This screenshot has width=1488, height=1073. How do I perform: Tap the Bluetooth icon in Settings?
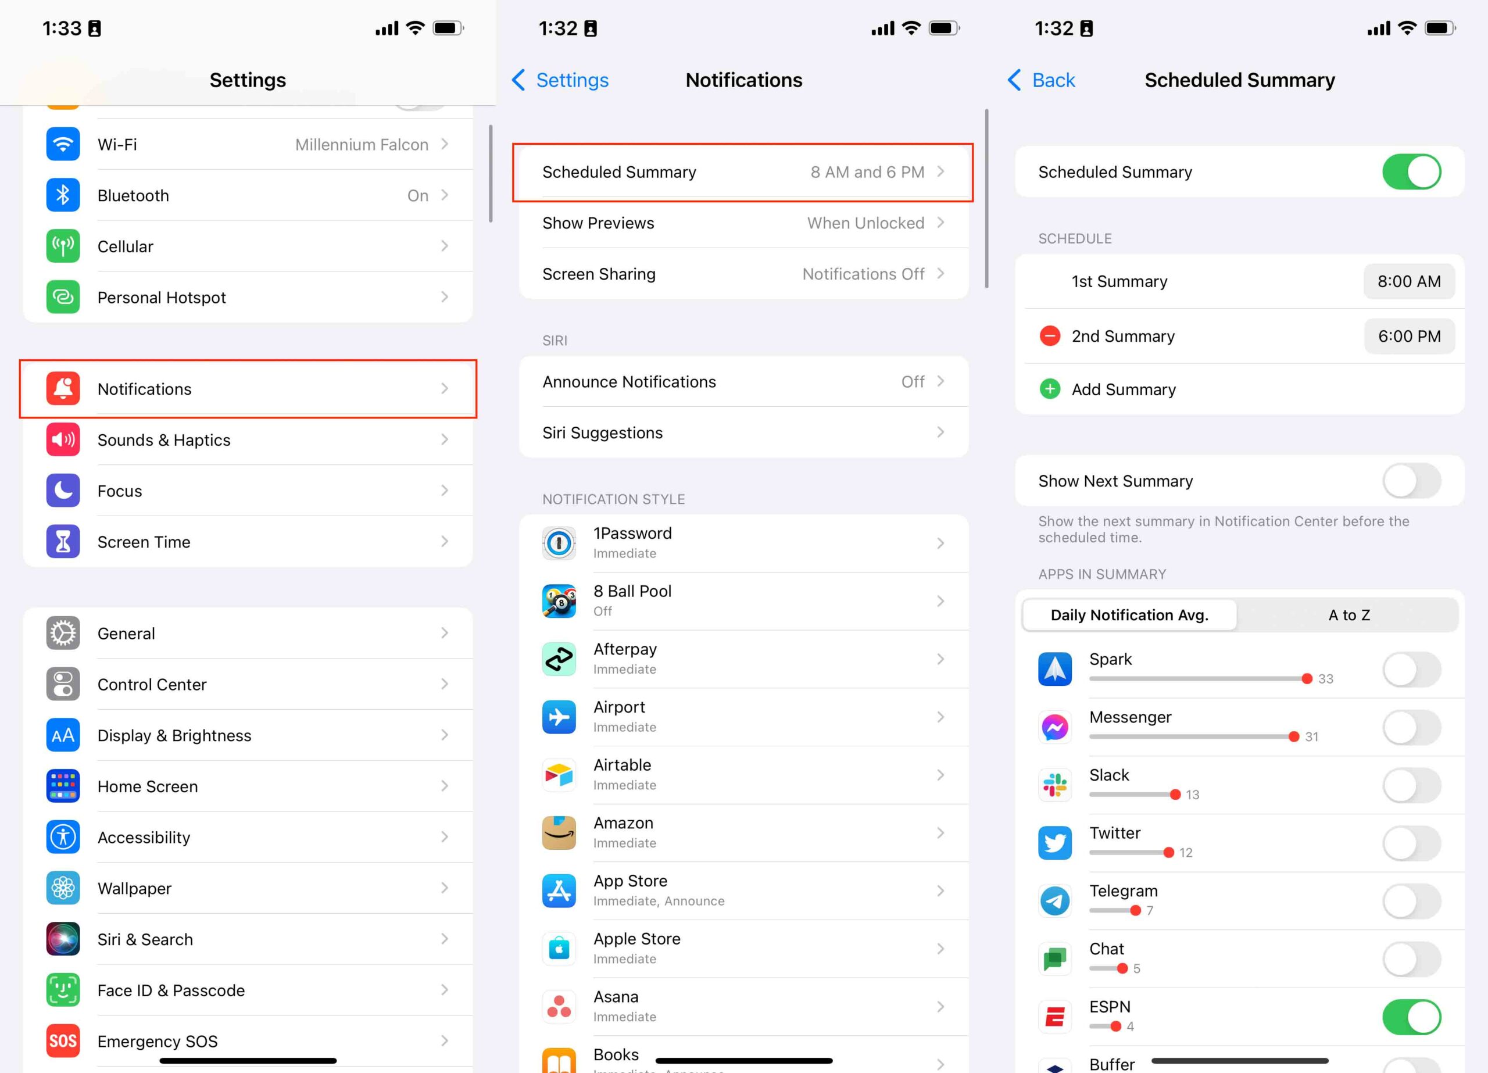point(63,195)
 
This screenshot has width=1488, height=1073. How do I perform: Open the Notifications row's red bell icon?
point(63,388)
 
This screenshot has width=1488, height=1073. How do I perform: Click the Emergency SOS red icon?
point(63,1041)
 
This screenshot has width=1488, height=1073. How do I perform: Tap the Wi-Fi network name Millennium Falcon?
point(362,144)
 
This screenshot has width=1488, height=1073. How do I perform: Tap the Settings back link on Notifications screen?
point(560,80)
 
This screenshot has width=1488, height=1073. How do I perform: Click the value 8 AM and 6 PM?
point(867,172)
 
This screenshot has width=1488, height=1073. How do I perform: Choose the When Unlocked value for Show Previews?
point(865,223)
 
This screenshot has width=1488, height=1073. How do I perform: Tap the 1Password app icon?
point(559,543)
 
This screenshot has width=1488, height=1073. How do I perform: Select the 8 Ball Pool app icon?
point(559,600)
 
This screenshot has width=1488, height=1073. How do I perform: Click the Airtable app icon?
point(559,774)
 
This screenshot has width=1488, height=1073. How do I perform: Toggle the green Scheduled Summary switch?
point(1411,172)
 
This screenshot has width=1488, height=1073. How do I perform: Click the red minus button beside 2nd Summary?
point(1050,336)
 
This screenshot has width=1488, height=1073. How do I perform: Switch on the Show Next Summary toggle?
point(1411,481)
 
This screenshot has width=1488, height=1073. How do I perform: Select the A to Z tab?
point(1348,615)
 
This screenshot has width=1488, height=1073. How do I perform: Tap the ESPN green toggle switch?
point(1411,1017)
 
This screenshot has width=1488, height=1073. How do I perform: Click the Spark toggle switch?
point(1411,670)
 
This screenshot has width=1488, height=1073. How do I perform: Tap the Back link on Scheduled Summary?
point(1041,80)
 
